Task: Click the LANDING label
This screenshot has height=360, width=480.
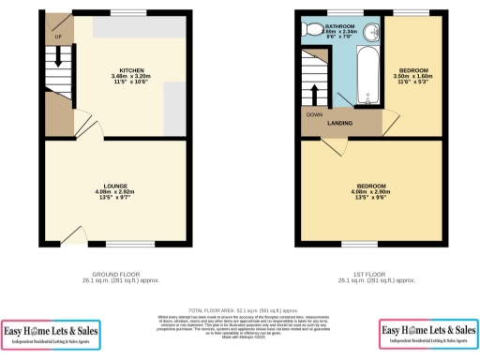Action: click(x=338, y=123)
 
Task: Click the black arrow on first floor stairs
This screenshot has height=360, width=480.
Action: click(x=314, y=94)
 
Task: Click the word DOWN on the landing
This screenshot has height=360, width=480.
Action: click(x=314, y=115)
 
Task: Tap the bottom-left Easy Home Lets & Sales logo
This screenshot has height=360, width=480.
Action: click(x=51, y=333)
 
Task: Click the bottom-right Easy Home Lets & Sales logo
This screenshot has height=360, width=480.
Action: click(x=428, y=333)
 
